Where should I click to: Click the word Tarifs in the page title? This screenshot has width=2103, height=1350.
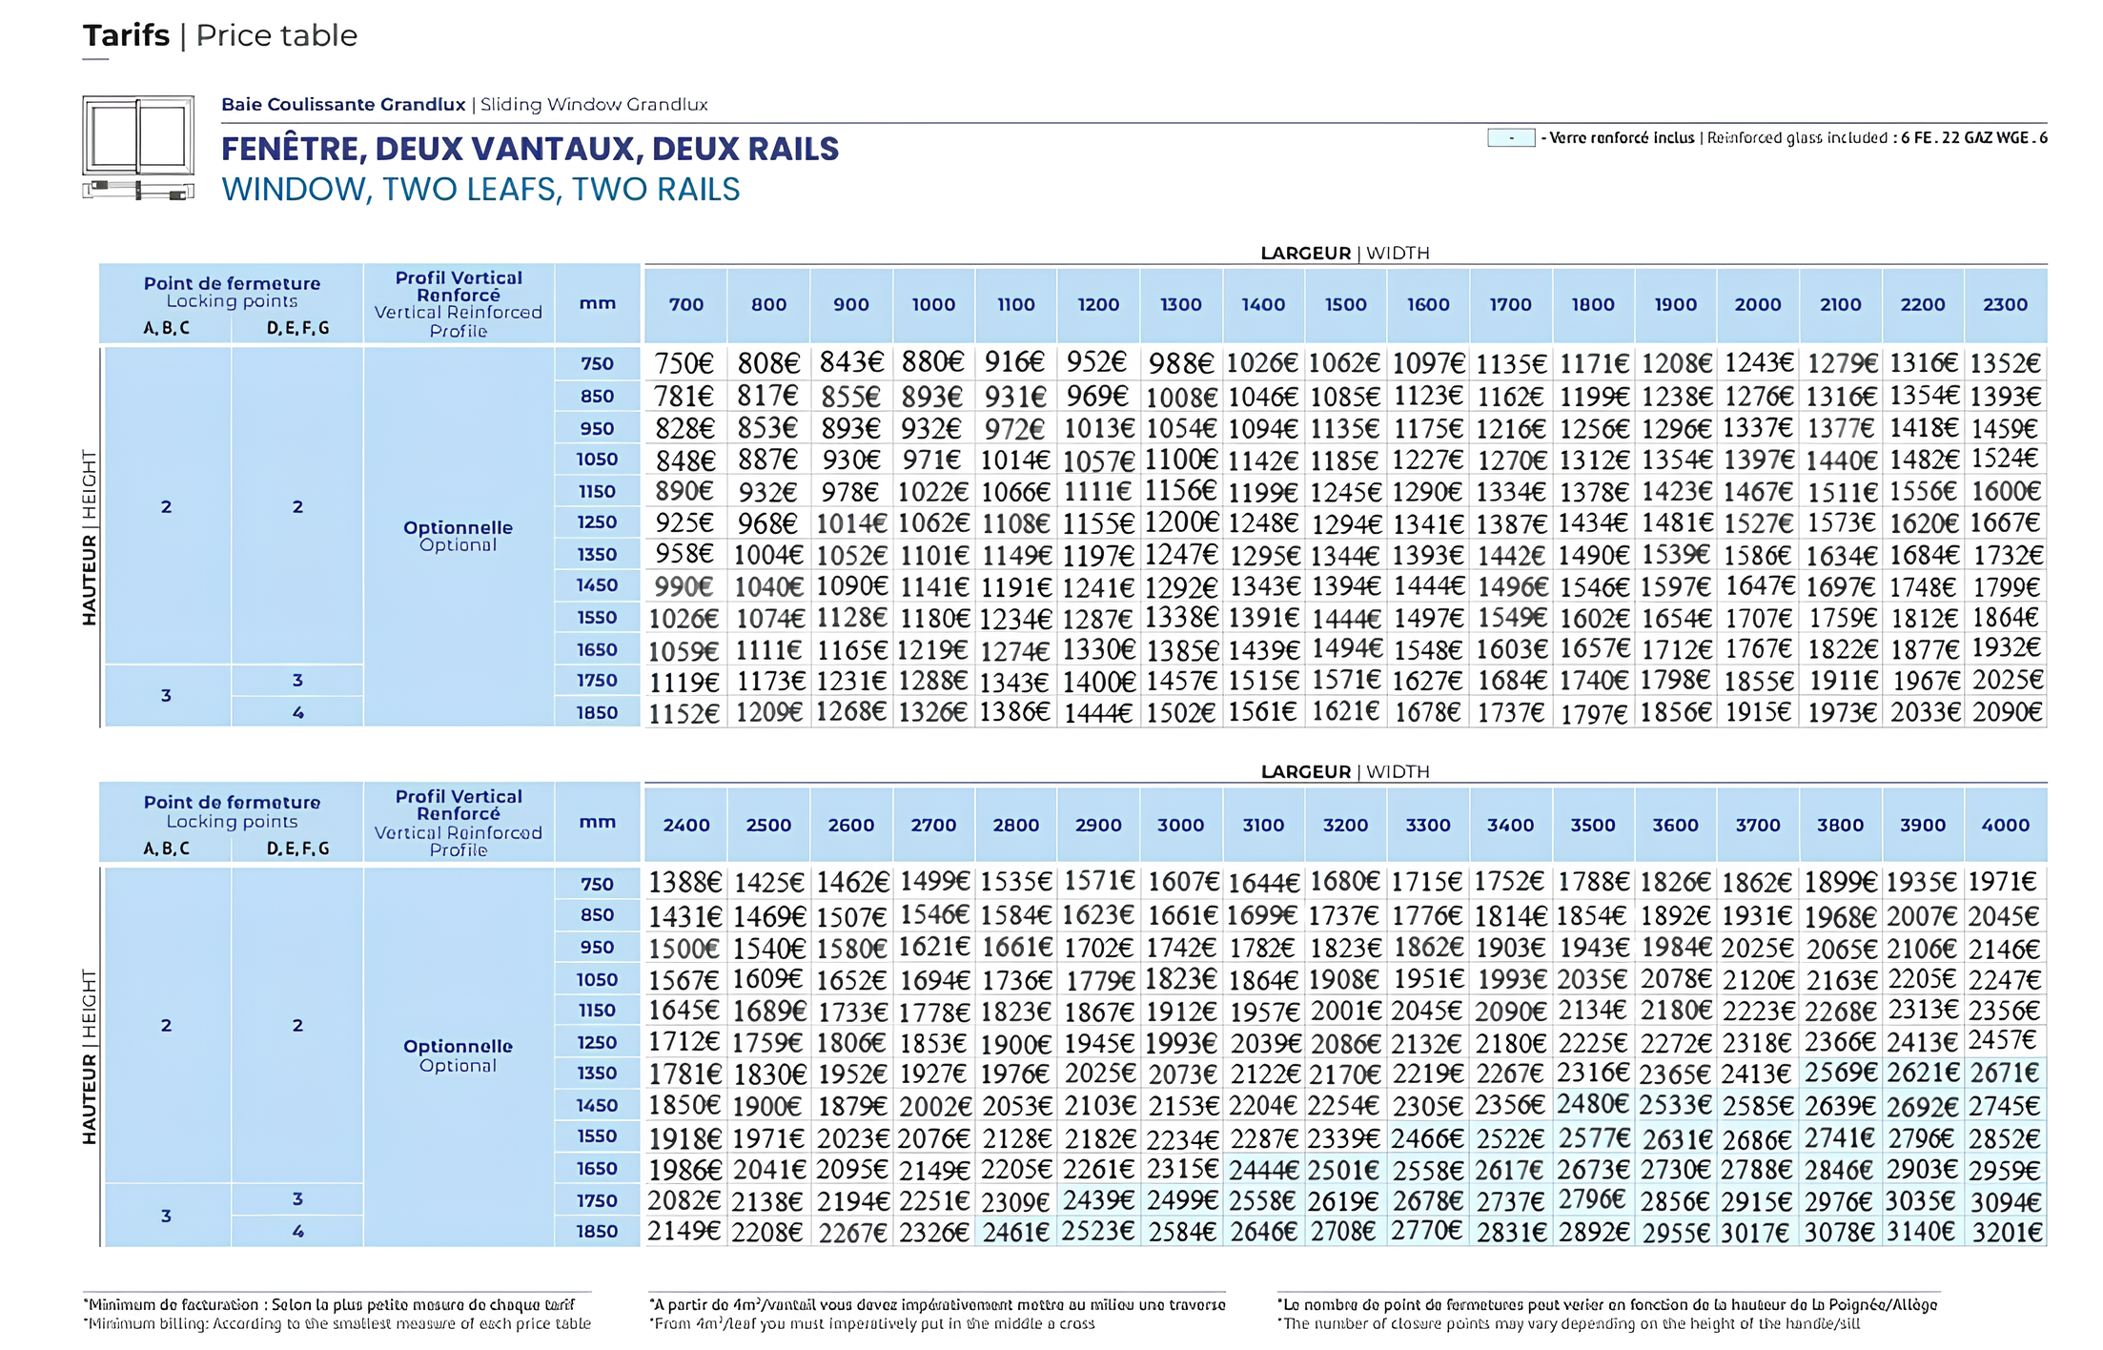click(126, 35)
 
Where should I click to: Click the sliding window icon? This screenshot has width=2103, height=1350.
click(138, 148)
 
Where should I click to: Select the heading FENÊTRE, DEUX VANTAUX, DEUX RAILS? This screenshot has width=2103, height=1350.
click(530, 149)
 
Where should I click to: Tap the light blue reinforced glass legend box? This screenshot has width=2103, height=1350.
click(1511, 138)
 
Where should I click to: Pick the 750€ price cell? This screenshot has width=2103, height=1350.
click(684, 363)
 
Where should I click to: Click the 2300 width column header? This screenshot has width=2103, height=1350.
click(2005, 304)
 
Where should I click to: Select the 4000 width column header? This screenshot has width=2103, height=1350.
click(2005, 825)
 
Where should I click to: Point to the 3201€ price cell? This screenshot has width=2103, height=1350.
click(2007, 1233)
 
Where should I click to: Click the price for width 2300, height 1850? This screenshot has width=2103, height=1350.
click(2007, 712)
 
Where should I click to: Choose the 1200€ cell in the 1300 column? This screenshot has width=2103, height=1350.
click(1181, 522)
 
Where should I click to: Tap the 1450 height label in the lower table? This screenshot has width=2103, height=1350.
click(597, 1105)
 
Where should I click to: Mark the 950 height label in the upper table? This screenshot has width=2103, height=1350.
click(597, 428)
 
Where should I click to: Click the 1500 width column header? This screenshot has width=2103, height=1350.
click(1345, 304)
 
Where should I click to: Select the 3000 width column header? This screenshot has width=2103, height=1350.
click(1180, 825)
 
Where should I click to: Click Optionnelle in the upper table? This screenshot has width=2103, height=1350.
click(458, 527)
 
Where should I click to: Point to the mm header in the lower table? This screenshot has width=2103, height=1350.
click(597, 822)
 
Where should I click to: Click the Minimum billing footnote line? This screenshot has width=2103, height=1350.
click(339, 1323)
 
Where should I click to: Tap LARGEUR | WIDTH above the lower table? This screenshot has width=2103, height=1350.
click(1345, 771)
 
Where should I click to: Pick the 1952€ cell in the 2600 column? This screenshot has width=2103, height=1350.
click(851, 1074)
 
